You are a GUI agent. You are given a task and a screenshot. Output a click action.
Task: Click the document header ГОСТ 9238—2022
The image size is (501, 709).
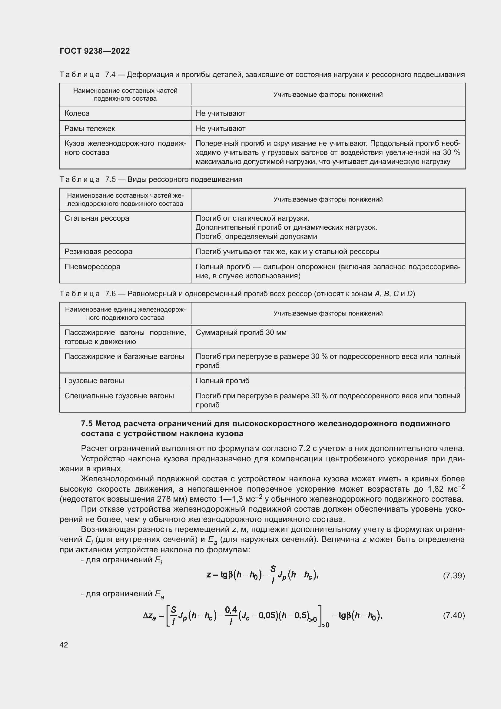pyautogui.click(x=95, y=51)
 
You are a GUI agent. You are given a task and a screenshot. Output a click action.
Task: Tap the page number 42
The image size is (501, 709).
pyautogui.click(x=64, y=645)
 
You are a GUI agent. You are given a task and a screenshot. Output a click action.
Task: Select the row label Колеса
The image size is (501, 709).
pyautogui.click(x=77, y=113)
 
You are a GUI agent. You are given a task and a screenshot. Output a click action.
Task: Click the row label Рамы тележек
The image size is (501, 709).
pyautogui.click(x=89, y=129)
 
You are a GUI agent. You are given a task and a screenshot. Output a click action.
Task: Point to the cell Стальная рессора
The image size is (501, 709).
pyautogui.click(x=97, y=218)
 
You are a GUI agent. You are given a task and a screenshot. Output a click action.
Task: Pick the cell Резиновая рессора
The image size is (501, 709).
pyautogui.click(x=98, y=252)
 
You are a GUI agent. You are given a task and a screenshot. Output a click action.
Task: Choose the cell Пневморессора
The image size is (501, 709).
pyautogui.click(x=93, y=267)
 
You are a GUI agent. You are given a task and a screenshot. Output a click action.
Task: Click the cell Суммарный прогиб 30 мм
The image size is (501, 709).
pyautogui.click(x=241, y=333)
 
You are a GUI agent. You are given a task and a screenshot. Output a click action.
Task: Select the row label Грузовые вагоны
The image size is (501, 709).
pyautogui.click(x=94, y=381)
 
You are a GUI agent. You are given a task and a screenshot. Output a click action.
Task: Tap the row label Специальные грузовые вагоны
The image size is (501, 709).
pyautogui.click(x=119, y=396)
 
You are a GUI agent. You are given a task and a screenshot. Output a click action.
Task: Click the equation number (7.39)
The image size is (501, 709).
pyautogui.click(x=454, y=576)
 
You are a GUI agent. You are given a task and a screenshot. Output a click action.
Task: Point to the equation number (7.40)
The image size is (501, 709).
pyautogui.click(x=454, y=615)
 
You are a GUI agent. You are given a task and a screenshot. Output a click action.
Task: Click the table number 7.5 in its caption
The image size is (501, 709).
pyautogui.click(x=110, y=179)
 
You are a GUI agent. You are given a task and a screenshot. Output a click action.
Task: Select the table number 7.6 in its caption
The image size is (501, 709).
pyautogui.click(x=110, y=294)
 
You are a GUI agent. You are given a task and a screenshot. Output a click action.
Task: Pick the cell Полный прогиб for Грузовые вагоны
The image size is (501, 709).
pyautogui.click(x=222, y=381)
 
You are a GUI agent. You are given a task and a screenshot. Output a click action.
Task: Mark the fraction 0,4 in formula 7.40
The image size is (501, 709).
pyautogui.click(x=231, y=610)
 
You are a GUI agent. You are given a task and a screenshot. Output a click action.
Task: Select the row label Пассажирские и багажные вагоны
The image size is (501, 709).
pyautogui.click(x=124, y=357)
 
